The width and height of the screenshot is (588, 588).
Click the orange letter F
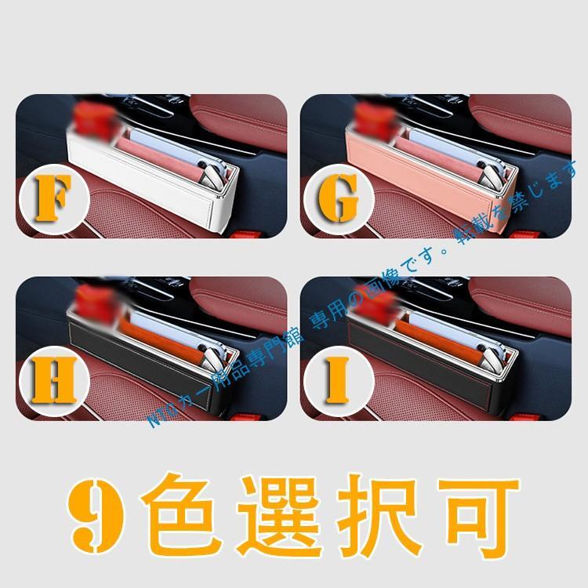coord(53,198)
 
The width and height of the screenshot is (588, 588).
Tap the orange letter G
coord(338,199)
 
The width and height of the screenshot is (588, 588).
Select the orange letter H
coord(54,380)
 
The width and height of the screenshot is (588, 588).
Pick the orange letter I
coord(338,380)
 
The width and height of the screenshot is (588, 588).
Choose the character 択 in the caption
coord(379,516)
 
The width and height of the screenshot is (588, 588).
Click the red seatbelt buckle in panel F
coord(245,234)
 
